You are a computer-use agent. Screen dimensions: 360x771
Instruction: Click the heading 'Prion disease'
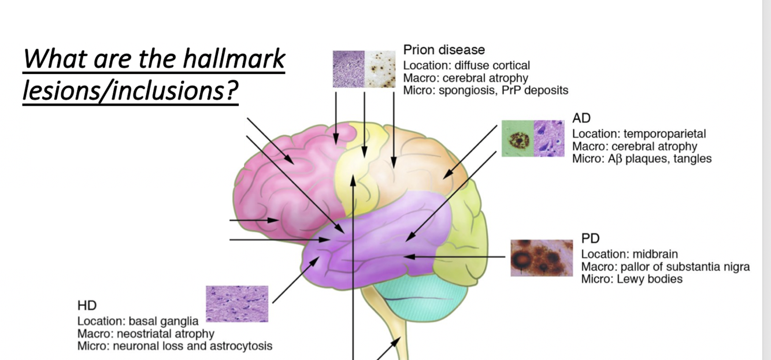pos(444,50)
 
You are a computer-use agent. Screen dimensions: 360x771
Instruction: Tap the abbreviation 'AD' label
pos(581,118)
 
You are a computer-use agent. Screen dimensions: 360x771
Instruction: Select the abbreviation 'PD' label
pos(590,239)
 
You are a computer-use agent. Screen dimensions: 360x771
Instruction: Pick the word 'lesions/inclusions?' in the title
pos(131,92)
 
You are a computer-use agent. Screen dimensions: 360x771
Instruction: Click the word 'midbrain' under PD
pos(655,254)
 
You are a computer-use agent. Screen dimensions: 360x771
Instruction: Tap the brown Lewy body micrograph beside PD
pos(542,258)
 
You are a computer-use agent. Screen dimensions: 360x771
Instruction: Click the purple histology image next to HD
pos(237,303)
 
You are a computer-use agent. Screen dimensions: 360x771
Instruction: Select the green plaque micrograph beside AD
pos(516,139)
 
